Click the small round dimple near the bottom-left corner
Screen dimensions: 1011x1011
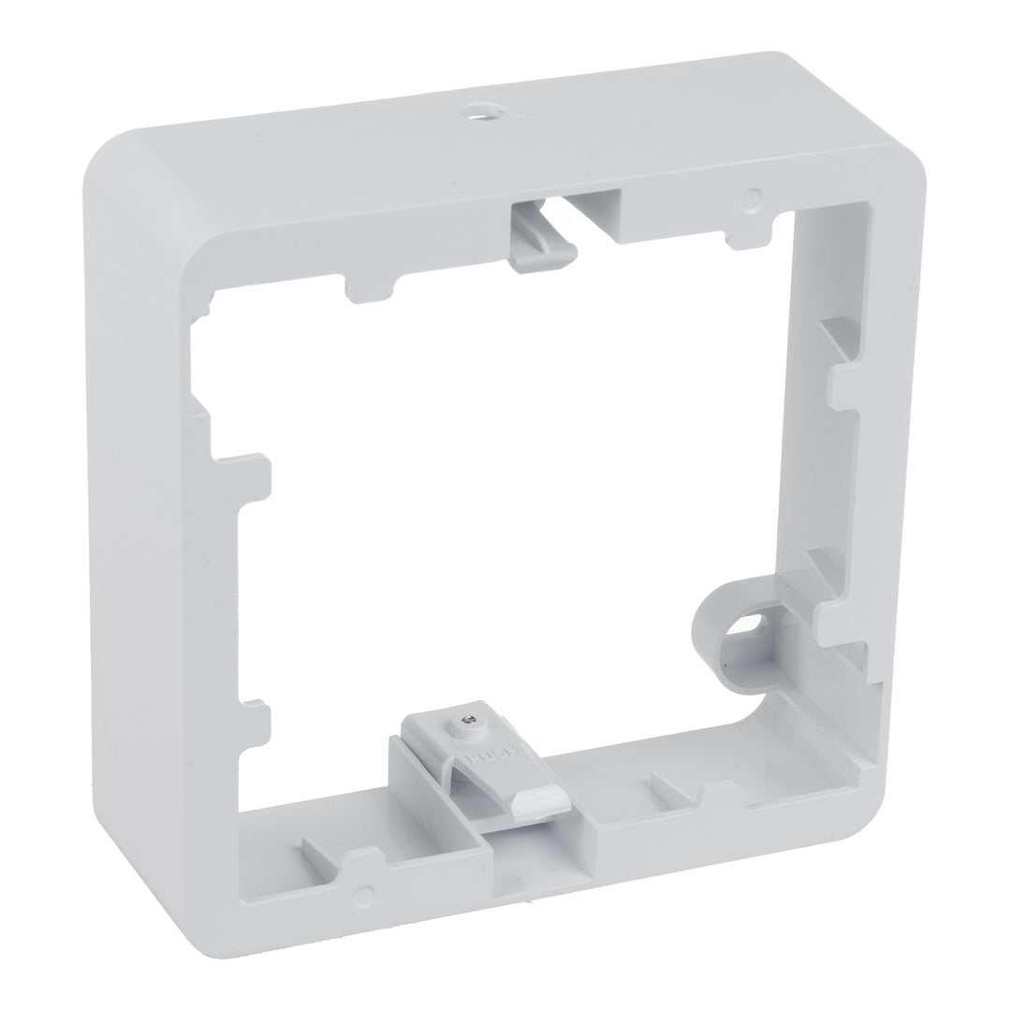pos(366,890)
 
